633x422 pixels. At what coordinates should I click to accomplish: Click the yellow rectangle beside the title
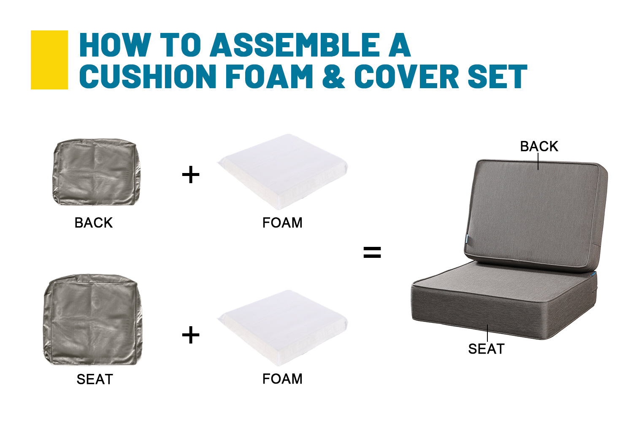click(49, 60)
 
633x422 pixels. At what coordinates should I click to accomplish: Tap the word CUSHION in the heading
click(148, 76)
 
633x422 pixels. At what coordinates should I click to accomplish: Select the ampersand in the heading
click(333, 76)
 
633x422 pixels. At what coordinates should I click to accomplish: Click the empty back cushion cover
click(96, 172)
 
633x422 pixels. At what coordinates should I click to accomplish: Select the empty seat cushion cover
click(92, 319)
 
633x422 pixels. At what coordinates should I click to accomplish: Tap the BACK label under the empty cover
click(94, 223)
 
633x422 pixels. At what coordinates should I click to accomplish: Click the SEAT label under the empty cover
click(95, 379)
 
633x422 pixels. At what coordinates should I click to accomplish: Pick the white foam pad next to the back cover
click(283, 172)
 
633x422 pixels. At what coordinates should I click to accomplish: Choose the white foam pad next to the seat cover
click(283, 328)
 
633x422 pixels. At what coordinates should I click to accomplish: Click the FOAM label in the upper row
click(282, 223)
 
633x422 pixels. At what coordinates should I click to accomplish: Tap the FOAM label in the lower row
click(282, 379)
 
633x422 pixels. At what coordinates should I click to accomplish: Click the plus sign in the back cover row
click(191, 174)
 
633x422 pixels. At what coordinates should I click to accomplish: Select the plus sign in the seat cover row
click(191, 335)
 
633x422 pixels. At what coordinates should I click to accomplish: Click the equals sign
click(372, 252)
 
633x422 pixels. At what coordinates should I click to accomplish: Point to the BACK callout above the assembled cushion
click(539, 146)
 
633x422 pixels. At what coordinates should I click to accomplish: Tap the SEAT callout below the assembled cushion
click(486, 349)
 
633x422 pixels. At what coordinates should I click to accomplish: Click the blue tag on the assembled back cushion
click(467, 238)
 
